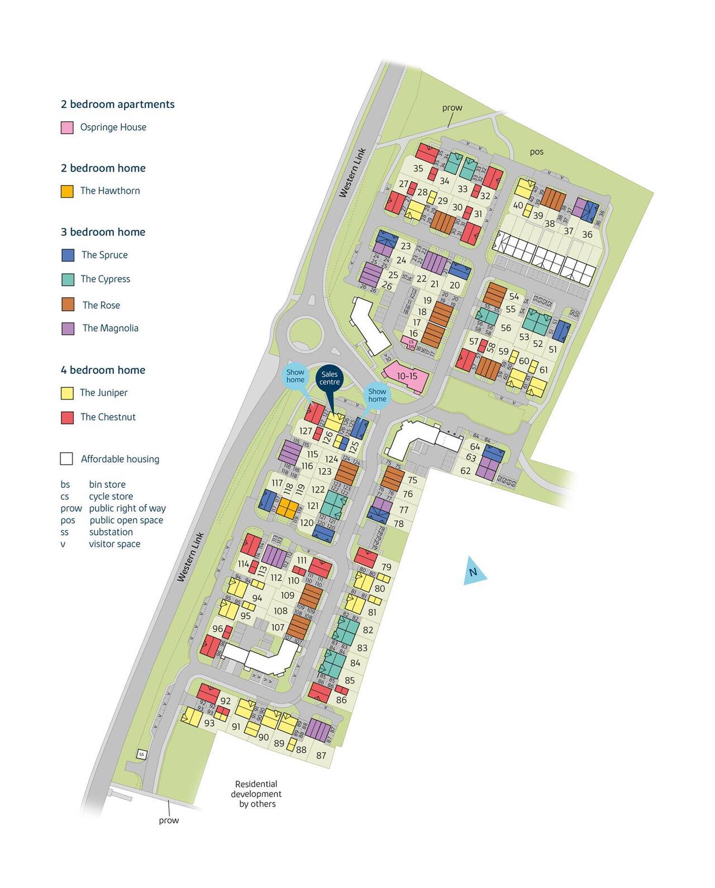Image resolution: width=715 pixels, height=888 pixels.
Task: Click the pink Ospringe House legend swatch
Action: [x=67, y=127]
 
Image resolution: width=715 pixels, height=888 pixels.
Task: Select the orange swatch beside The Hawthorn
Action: [x=67, y=191]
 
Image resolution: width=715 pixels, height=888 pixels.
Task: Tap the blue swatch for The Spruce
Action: [x=68, y=255]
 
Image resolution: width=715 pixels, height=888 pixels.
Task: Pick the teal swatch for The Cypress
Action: [x=68, y=279]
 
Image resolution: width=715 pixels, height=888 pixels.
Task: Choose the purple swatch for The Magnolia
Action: [x=68, y=328]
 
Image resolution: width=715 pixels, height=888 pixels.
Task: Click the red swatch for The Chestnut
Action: [x=67, y=417]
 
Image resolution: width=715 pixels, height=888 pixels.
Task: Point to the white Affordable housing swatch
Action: [x=66, y=459]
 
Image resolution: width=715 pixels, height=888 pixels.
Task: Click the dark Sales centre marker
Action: [x=330, y=378]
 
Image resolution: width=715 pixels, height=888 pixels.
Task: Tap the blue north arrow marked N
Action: [x=474, y=572]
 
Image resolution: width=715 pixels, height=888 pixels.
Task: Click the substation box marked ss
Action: [x=141, y=754]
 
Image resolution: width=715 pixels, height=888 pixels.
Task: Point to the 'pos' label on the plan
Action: [x=536, y=151]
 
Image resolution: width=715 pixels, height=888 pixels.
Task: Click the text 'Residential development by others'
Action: [x=257, y=794]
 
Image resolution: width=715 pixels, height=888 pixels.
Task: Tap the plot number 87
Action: [x=321, y=756]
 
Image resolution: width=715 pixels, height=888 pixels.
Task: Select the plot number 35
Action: [x=418, y=168]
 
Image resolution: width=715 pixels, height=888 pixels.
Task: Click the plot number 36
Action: [x=587, y=234]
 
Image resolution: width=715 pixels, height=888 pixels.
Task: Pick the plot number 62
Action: [x=466, y=471]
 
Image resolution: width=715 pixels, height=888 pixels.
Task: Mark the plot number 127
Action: [x=306, y=431]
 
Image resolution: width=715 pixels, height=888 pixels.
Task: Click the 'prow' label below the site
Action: [x=169, y=820]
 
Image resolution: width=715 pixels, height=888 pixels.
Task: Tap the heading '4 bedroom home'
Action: [x=103, y=370]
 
